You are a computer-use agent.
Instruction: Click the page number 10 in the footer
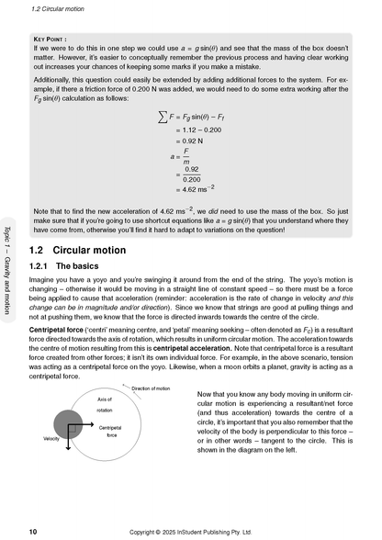pyautogui.click(x=33, y=531)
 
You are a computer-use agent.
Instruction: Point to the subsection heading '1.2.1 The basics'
pyautogui.click(x=72, y=265)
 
